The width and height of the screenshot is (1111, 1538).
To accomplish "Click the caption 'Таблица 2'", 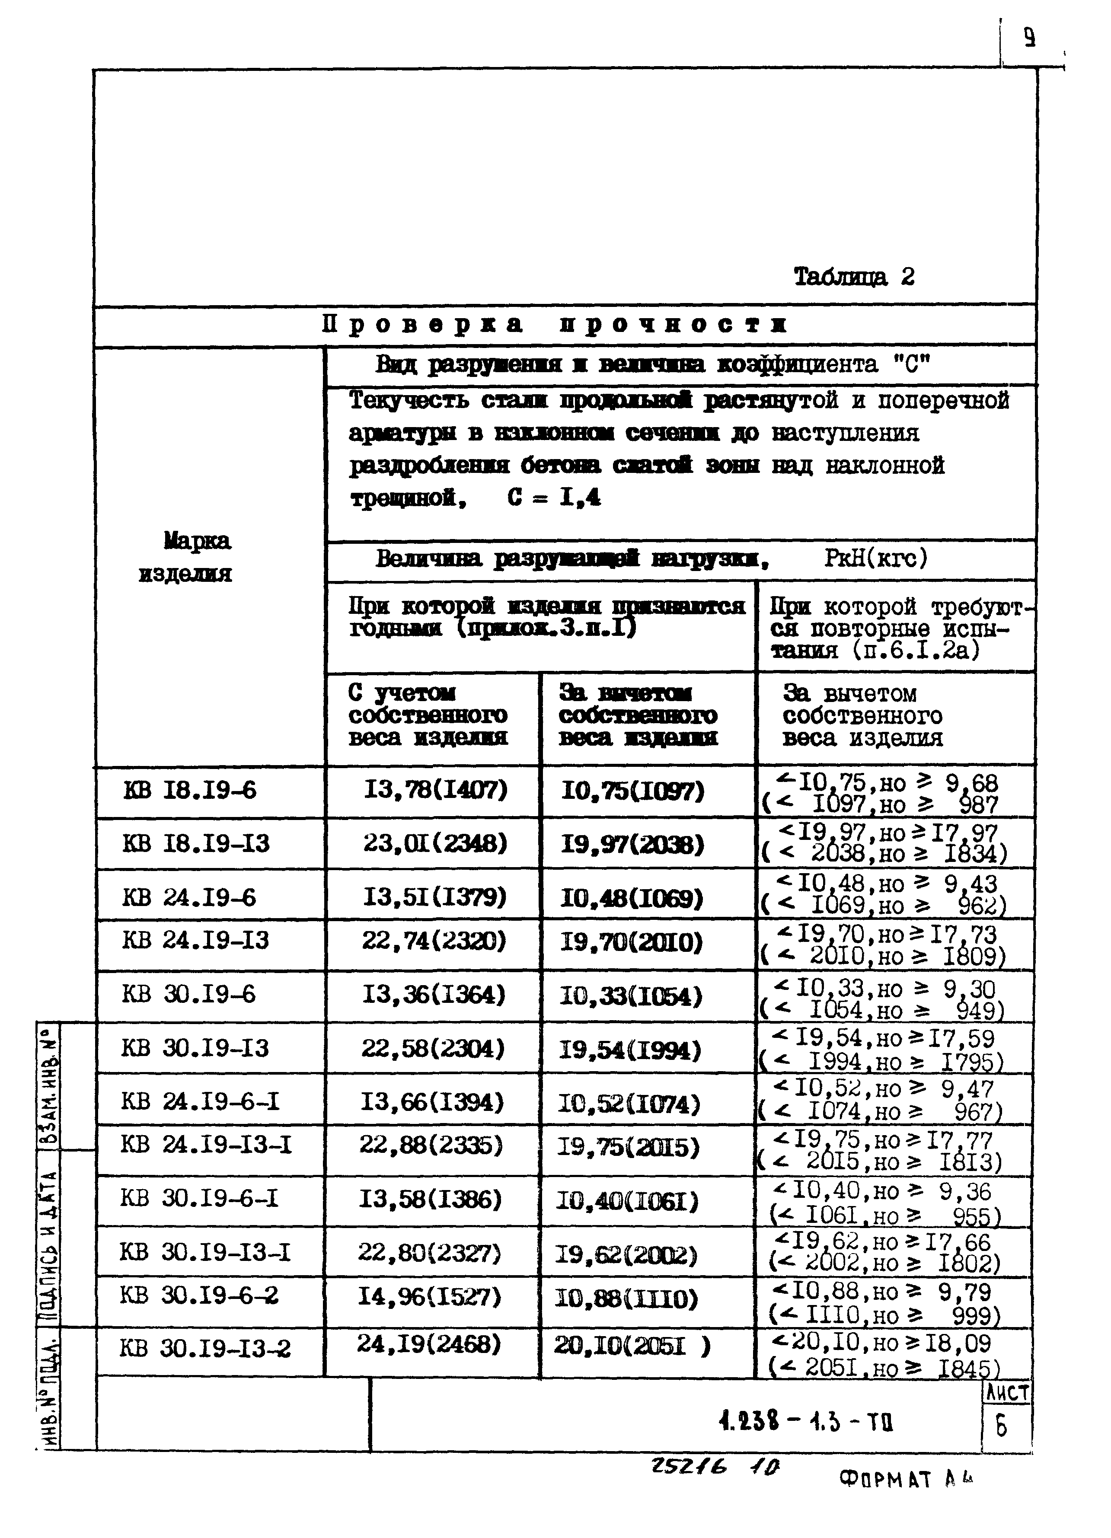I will (x=853, y=277).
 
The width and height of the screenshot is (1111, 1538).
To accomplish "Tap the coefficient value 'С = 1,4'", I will (x=553, y=498).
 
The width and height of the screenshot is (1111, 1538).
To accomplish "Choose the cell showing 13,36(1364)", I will (x=434, y=995).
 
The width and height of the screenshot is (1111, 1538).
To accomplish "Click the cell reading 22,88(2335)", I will (x=432, y=1146).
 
